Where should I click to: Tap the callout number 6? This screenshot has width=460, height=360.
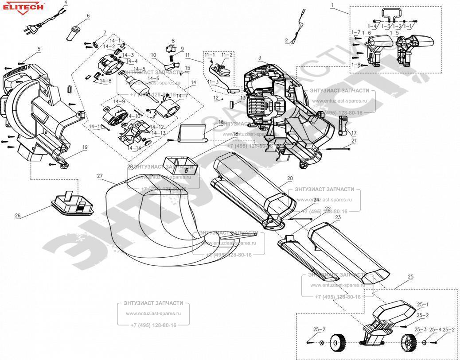pyautogui.click(x=88, y=16)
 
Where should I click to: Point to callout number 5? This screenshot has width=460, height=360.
pyautogui.click(x=39, y=49)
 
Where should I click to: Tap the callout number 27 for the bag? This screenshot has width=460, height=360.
pyautogui.click(x=100, y=176)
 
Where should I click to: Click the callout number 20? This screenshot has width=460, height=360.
pyautogui.click(x=290, y=178)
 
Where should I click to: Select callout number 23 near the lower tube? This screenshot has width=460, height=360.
pyautogui.click(x=338, y=217)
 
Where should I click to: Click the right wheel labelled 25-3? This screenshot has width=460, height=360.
pyautogui.click(x=407, y=342)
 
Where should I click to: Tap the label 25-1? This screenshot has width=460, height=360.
pyautogui.click(x=423, y=305)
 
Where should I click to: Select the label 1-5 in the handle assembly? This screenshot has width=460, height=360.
pyautogui.click(x=394, y=33)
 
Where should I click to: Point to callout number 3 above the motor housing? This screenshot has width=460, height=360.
pyautogui.click(x=260, y=58)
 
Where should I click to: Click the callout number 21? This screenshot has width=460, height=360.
pyautogui.click(x=354, y=140)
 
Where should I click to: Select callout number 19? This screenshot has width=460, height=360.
pyautogui.click(x=84, y=147)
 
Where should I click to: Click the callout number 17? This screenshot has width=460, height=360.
pyautogui.click(x=354, y=133)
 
